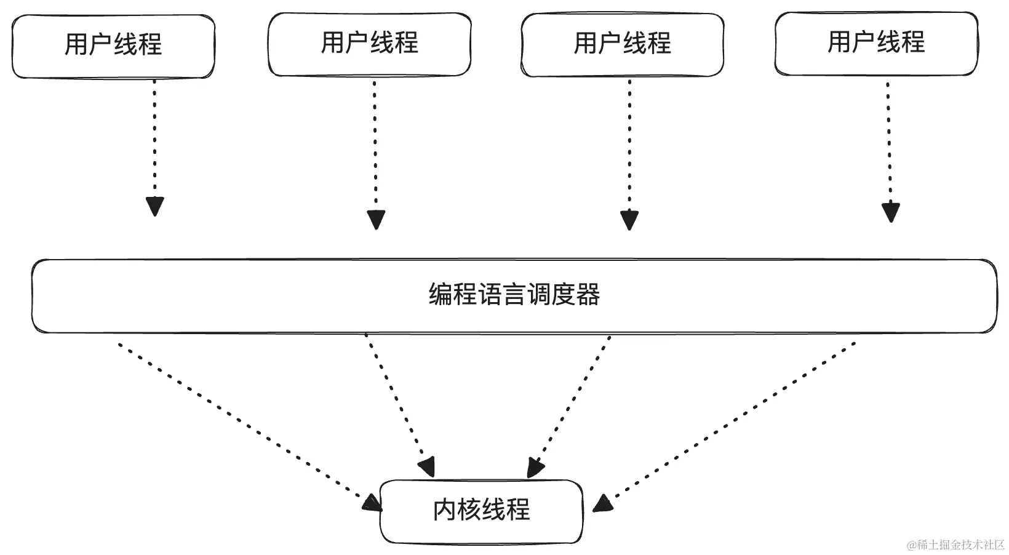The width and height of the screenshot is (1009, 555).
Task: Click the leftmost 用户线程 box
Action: [113, 47]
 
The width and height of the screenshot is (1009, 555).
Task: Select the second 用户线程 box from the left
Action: [369, 44]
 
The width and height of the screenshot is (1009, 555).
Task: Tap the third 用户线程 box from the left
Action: [622, 44]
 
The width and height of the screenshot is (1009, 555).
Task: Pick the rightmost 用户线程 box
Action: [875, 43]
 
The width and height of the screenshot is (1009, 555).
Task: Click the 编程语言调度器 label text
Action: [514, 295]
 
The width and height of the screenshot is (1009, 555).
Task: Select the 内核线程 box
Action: [481, 511]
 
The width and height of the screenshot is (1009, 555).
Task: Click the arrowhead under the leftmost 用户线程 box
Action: [155, 206]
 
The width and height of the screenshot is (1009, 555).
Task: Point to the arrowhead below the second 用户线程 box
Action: [376, 220]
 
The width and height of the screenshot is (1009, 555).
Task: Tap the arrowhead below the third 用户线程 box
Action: [629, 220]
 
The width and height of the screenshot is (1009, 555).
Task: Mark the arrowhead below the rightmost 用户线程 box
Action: [890, 212]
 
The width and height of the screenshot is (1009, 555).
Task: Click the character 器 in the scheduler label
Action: [588, 295]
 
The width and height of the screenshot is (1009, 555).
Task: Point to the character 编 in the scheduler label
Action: [441, 295]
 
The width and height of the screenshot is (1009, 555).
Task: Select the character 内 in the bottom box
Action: [445, 511]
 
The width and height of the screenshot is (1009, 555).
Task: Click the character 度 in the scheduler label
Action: [563, 295]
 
